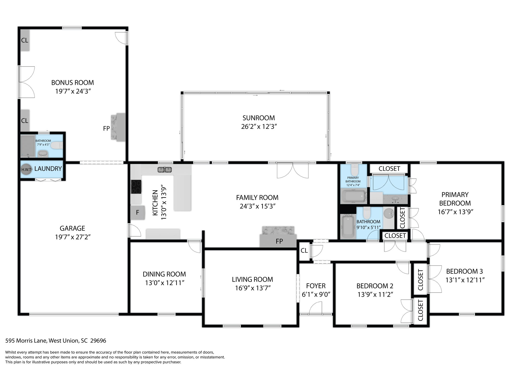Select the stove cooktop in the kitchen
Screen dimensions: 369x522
coord(136,187)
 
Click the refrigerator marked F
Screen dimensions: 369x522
coord(138,213)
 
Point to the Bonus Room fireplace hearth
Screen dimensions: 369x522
coord(118,127)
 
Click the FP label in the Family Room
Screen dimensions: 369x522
coord(279,241)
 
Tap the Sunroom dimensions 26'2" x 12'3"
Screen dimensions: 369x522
coord(259,127)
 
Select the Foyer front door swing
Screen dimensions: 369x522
coord(316,308)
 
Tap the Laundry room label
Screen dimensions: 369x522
coord(48,169)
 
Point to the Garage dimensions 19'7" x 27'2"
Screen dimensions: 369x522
coord(73,237)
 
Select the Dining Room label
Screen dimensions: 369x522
coord(164,274)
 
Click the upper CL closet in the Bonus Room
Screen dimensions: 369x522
coord(25,40)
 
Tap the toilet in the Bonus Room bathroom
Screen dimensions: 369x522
coord(56,146)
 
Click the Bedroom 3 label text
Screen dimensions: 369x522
coord(464,271)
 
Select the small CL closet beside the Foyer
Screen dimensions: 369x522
coord(304,251)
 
